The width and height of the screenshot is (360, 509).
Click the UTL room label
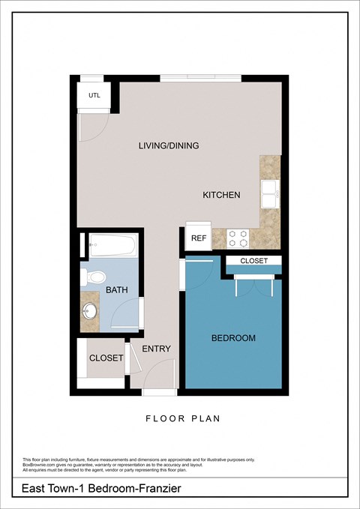(x=94, y=95)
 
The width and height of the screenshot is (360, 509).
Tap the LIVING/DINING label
(x=169, y=145)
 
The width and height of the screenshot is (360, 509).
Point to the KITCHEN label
(x=221, y=195)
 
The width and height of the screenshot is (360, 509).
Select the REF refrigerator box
(x=198, y=238)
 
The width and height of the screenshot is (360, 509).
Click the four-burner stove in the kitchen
(x=238, y=238)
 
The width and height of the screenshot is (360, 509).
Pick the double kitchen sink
(x=270, y=194)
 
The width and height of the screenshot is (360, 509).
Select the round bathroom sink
(x=90, y=310)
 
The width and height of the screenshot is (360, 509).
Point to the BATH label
(x=117, y=290)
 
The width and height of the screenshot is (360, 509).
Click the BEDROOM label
(x=233, y=338)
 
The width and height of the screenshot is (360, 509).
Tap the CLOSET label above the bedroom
(x=254, y=261)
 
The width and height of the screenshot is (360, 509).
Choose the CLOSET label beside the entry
(x=106, y=358)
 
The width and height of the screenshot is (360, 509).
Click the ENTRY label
(x=156, y=349)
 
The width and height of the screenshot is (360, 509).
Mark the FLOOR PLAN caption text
(x=183, y=419)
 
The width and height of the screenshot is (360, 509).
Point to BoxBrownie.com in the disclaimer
(x=40, y=465)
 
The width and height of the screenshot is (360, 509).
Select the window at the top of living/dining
(x=200, y=77)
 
